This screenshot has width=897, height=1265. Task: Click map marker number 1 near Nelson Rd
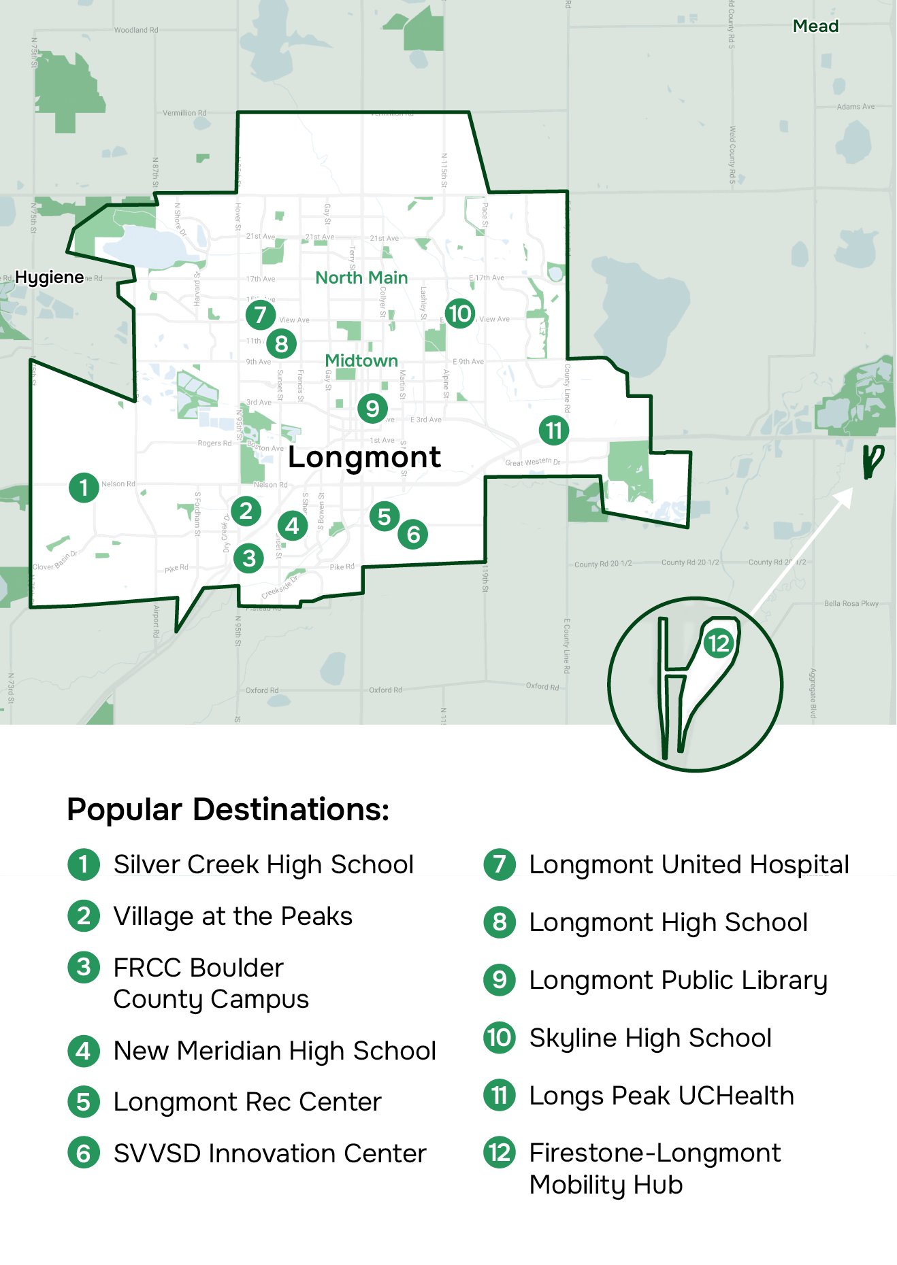point(84,488)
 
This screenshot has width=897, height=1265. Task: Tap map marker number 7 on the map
point(261,315)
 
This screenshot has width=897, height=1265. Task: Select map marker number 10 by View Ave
point(460,314)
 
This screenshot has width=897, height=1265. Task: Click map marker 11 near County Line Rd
point(554,431)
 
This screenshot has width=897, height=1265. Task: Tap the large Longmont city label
point(364,457)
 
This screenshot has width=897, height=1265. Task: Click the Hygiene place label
point(50,277)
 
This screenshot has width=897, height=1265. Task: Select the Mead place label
point(815,26)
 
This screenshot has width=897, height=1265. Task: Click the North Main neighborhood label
point(361,277)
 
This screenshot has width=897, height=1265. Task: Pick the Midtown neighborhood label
point(361,360)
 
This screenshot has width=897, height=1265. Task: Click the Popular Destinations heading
point(228,809)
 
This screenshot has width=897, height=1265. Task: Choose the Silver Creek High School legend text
point(263,864)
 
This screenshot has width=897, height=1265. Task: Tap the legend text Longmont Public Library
point(678,980)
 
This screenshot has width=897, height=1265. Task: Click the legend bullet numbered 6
point(84,1153)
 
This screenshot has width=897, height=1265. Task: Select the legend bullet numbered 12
point(500,1153)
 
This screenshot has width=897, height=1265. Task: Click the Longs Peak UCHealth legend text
point(662,1096)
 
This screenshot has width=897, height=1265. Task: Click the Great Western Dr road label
point(532,462)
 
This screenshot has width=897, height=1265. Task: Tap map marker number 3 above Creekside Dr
point(249,558)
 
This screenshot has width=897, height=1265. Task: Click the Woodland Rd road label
point(136,30)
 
